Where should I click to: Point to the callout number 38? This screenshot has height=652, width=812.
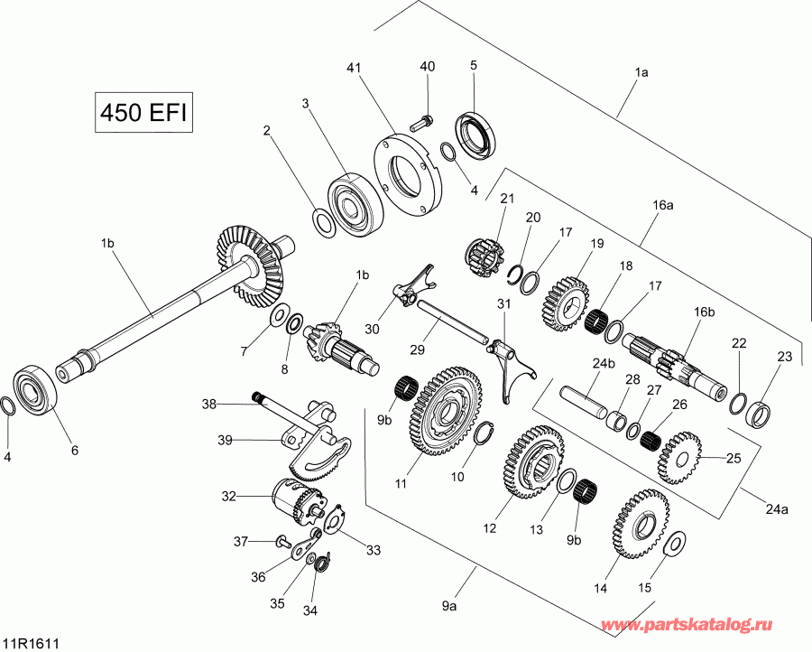[208, 404]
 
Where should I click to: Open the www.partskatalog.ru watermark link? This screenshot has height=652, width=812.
[706, 625]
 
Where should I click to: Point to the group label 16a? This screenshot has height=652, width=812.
[663, 205]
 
